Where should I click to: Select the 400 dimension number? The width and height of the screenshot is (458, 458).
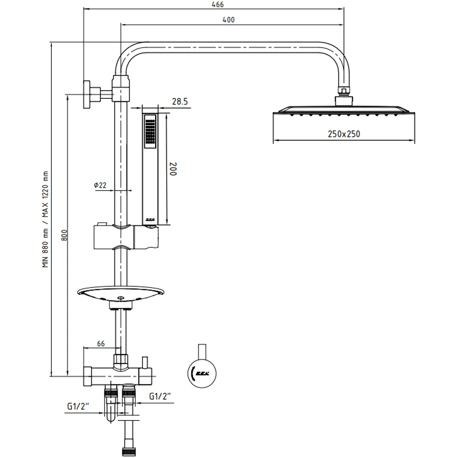click(x=229, y=20)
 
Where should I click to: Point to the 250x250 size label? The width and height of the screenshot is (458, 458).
click(x=344, y=134)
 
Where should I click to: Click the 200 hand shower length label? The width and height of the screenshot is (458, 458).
click(x=173, y=169)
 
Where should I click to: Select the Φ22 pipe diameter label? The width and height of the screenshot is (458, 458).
click(x=100, y=185)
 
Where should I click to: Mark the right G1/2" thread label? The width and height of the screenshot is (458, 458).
click(x=161, y=397)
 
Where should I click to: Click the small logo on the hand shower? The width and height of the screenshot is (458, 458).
click(x=150, y=220)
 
